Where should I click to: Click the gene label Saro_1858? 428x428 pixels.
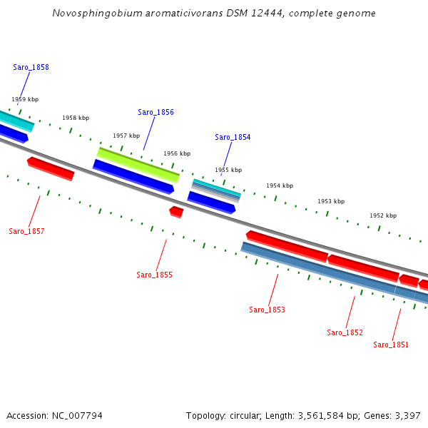(31, 67)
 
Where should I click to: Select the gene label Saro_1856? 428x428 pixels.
(156, 112)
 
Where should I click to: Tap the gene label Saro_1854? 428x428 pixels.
(233, 137)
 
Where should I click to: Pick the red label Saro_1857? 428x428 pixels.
(26, 231)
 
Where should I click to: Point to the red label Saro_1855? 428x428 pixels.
(154, 275)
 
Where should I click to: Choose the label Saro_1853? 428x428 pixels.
(267, 310)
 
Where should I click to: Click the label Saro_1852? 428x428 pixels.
(345, 332)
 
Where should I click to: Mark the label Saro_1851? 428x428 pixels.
(391, 345)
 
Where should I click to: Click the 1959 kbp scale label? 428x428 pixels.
(25, 100)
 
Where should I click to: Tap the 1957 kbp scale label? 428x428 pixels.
(126, 136)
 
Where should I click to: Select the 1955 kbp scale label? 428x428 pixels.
(228, 170)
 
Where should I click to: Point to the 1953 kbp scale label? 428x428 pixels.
(331, 201)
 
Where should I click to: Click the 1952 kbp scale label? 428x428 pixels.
(383, 215)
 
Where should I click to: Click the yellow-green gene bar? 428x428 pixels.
(138, 165)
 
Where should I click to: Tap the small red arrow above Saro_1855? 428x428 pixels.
(176, 211)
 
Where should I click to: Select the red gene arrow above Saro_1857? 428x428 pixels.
(51, 169)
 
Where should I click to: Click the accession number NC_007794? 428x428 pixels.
(76, 415)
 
